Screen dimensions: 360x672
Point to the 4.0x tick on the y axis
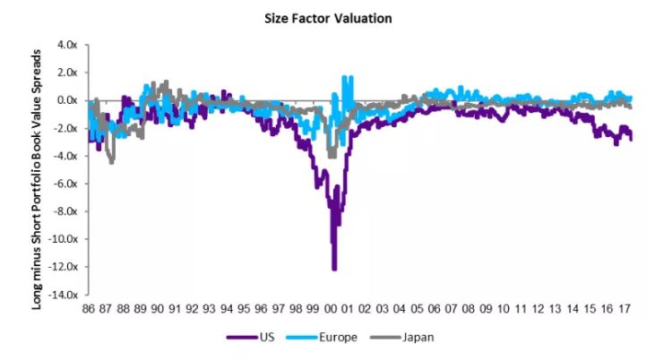69,44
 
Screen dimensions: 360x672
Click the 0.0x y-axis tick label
69,100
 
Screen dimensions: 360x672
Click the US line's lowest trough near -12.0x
334,269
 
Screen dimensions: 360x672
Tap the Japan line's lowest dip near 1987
111,163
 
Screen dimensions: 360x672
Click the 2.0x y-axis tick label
69,73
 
